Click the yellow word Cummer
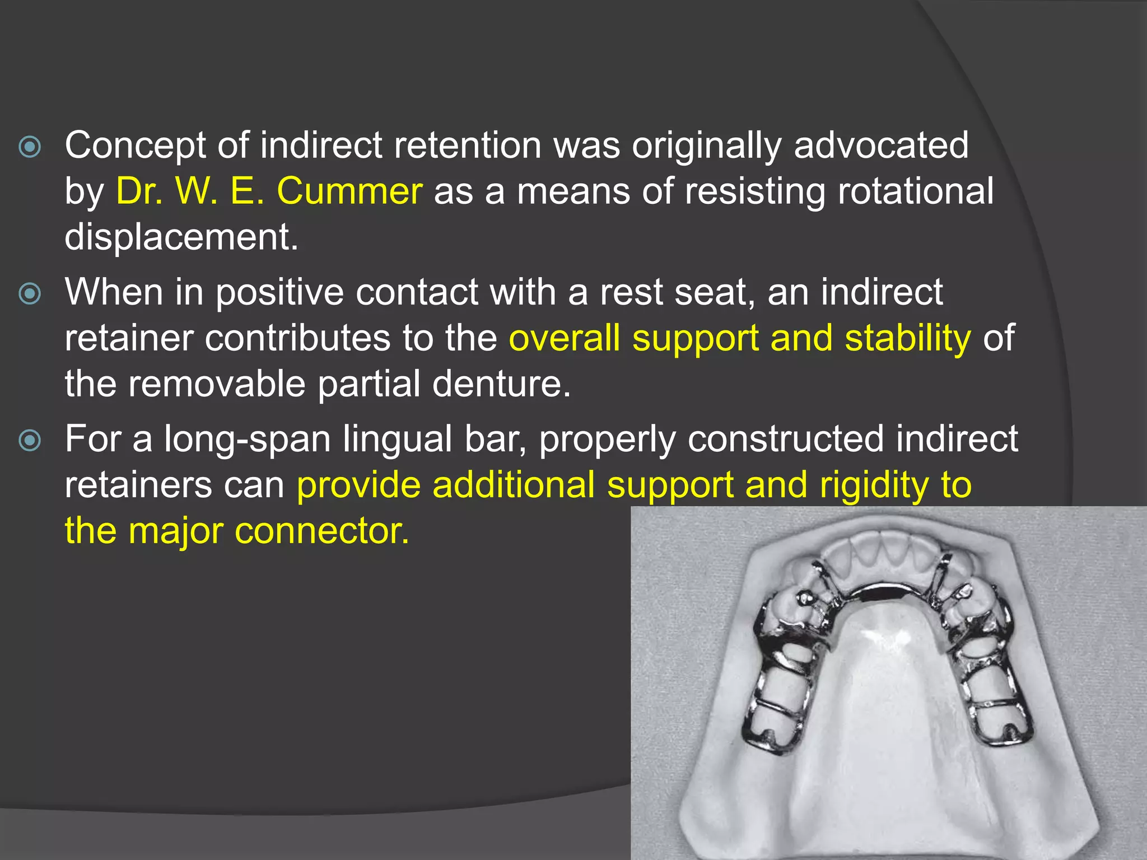click(x=349, y=191)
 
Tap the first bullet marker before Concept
click(x=30, y=147)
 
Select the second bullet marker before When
click(x=30, y=294)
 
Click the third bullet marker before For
click(x=30, y=441)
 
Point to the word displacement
click(x=181, y=237)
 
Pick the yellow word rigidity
click(x=874, y=485)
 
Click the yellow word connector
click(x=322, y=531)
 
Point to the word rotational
click(x=915, y=191)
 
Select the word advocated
click(x=881, y=145)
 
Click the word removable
click(x=217, y=384)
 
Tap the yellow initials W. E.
click(x=220, y=191)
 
